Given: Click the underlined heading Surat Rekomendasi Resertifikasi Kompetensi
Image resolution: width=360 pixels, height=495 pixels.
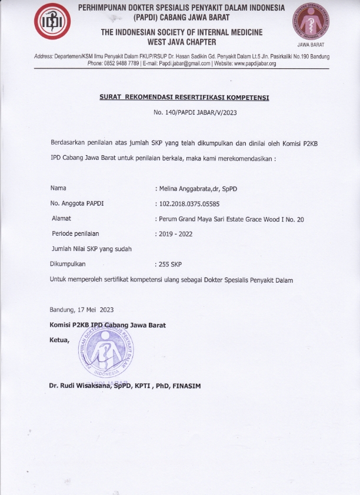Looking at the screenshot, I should (x=184, y=98).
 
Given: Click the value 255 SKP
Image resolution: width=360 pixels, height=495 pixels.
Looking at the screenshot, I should (x=170, y=265).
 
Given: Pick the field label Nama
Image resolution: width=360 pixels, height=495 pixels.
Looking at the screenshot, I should (x=58, y=188).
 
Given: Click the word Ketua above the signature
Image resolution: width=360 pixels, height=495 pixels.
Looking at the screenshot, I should (x=59, y=340).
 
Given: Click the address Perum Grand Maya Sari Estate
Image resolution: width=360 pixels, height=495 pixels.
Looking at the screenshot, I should (x=209, y=219).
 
